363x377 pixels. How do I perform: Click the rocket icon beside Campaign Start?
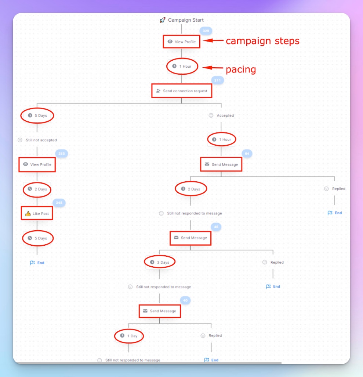[x=162, y=20]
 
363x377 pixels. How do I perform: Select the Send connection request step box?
[x=182, y=91]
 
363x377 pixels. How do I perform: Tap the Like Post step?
[x=37, y=213]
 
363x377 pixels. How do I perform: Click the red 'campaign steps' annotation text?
[x=262, y=41]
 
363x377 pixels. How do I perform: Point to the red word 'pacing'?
[x=240, y=69]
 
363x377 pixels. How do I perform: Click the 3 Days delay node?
[x=160, y=262]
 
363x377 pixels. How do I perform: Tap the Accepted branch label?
[x=225, y=115]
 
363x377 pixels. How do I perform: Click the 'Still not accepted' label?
[x=41, y=140]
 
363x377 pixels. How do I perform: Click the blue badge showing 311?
[x=218, y=81]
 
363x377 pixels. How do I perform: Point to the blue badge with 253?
[x=62, y=154]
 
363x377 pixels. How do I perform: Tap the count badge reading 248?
[x=59, y=203]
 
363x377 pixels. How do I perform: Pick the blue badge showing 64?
[x=247, y=154]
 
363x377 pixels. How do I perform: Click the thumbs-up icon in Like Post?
[x=28, y=213]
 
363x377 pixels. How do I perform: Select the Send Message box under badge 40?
[x=160, y=311]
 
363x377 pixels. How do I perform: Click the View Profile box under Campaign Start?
[x=182, y=42]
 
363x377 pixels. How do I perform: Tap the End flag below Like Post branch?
[x=37, y=263]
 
